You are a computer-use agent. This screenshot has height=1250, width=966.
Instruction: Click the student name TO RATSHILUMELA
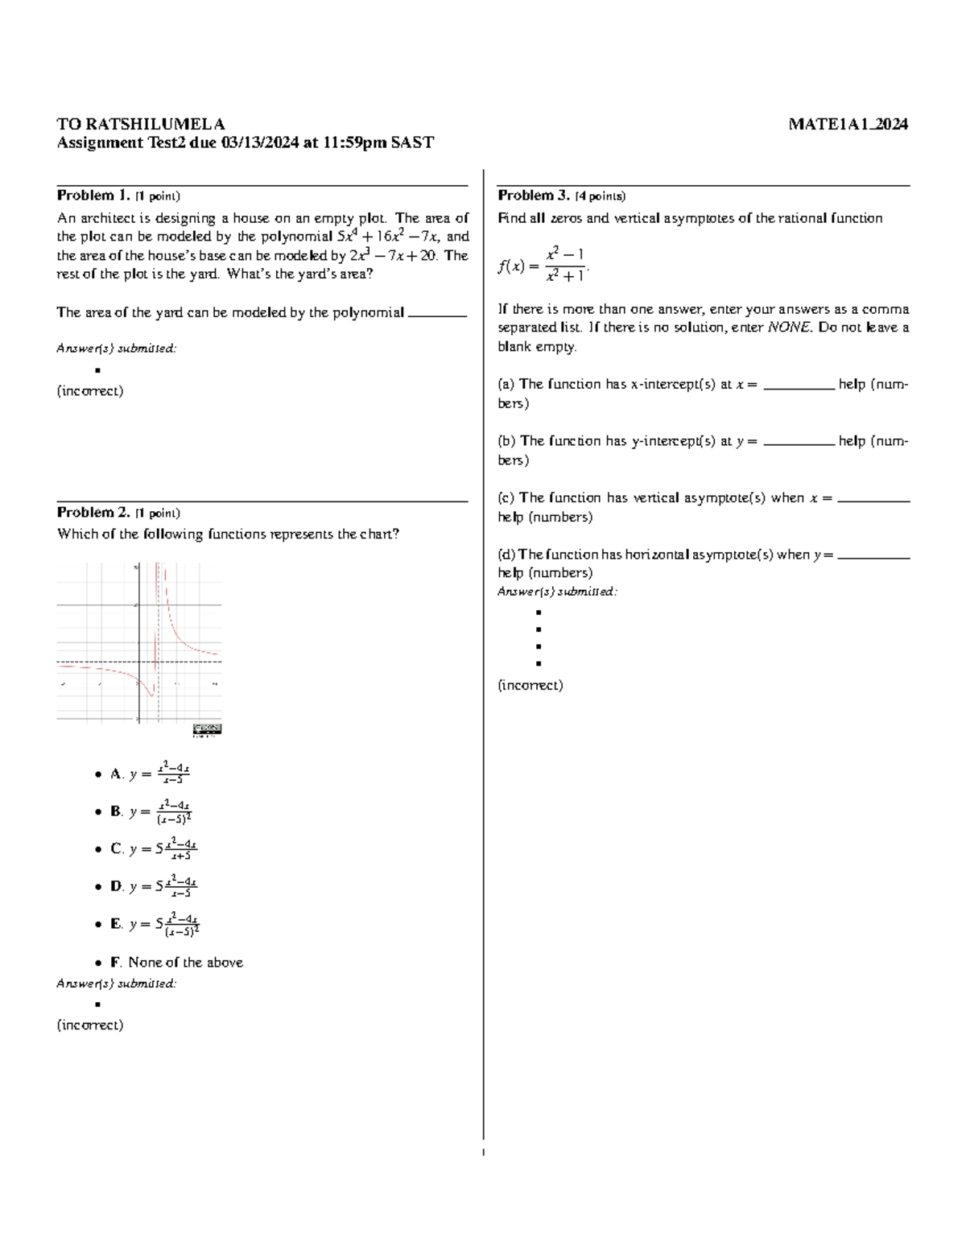pos(141,124)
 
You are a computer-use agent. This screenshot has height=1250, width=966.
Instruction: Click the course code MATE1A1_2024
pos(848,124)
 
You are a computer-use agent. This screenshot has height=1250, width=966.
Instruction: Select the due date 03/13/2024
pos(254,143)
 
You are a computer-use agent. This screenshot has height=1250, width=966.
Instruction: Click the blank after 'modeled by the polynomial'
pos(437,314)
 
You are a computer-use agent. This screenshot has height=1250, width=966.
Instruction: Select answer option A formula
pos(159,773)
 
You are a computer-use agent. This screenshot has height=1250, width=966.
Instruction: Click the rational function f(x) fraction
pos(564,265)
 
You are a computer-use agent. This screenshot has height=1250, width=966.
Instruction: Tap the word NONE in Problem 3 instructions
pos(788,328)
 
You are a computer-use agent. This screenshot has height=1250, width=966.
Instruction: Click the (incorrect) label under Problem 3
pos(530,686)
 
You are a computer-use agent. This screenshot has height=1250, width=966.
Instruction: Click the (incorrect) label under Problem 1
pos(90,391)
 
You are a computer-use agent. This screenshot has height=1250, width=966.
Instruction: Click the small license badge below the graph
pos(207,729)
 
